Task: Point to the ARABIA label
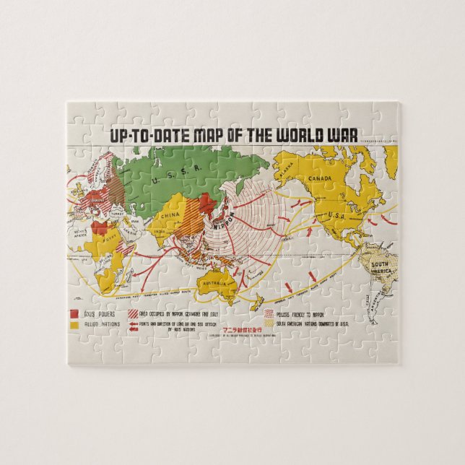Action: (x=131, y=233)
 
